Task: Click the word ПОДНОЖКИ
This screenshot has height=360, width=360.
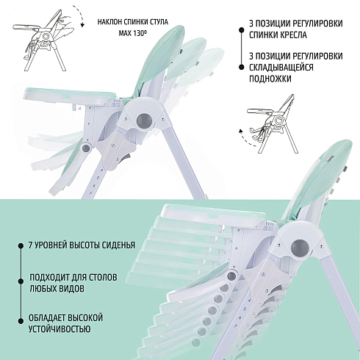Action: tap(270, 79)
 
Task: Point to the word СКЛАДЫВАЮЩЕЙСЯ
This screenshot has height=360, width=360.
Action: tap(281, 68)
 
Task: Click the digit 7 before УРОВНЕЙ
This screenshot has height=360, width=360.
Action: tap(31, 245)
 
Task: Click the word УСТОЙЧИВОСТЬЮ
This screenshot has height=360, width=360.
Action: tap(60, 329)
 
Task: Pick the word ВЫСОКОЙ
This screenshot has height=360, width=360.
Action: tap(85, 317)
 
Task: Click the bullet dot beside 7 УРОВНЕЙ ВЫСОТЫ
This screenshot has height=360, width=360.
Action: tap(21, 245)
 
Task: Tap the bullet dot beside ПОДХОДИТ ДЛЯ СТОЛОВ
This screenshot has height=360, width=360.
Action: tap(21, 281)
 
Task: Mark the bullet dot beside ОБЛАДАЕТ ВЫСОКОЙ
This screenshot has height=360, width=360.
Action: tap(21, 321)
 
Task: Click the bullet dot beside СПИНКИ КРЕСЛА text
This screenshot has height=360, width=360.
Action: tap(242, 30)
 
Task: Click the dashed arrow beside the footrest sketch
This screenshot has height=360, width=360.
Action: tap(245, 139)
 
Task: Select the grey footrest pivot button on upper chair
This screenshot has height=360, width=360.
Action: tap(86, 148)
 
